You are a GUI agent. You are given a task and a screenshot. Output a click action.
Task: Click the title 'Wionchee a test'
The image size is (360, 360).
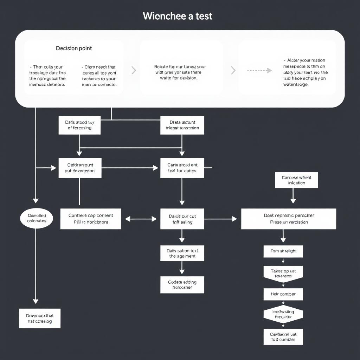pos(178,16)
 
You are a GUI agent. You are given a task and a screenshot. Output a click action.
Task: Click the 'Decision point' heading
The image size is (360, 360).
pos(74,48)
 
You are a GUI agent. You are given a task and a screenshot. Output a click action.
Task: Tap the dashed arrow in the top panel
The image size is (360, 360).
pos(259,70)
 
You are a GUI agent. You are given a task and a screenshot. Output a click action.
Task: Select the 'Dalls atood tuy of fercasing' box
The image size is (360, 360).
pos(79,125)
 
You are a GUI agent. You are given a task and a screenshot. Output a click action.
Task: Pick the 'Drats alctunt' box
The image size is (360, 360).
pos(182,125)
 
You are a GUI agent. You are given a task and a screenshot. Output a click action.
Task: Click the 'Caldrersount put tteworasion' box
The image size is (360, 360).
pos(80,168)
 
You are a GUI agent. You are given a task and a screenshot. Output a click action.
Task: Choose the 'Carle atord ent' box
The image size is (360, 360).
pos(182,168)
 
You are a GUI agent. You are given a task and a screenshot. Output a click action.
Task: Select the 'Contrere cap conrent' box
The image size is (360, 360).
pos(90,219)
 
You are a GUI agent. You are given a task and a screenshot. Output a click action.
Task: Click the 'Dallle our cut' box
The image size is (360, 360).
pos(182,219)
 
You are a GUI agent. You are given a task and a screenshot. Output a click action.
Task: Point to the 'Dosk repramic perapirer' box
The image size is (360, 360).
pos(289,219)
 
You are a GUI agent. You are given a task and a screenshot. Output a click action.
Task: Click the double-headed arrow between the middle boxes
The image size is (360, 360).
pos(141,219)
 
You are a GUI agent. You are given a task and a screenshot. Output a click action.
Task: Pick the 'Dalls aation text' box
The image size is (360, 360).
pos(182,253)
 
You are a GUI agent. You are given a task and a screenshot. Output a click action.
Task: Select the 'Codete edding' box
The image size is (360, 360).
pos(182,285)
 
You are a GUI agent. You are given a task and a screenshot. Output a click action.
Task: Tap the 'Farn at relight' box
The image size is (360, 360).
pos(283,251)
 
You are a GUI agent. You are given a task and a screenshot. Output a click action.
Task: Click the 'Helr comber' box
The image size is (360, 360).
pos(283,294)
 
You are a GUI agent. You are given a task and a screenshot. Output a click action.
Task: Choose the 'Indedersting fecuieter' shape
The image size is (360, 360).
pos(283,314)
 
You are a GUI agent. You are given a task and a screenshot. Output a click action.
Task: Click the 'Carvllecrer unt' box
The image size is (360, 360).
pos(283,337)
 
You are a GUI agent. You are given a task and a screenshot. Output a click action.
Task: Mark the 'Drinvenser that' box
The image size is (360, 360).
pos(39,319)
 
